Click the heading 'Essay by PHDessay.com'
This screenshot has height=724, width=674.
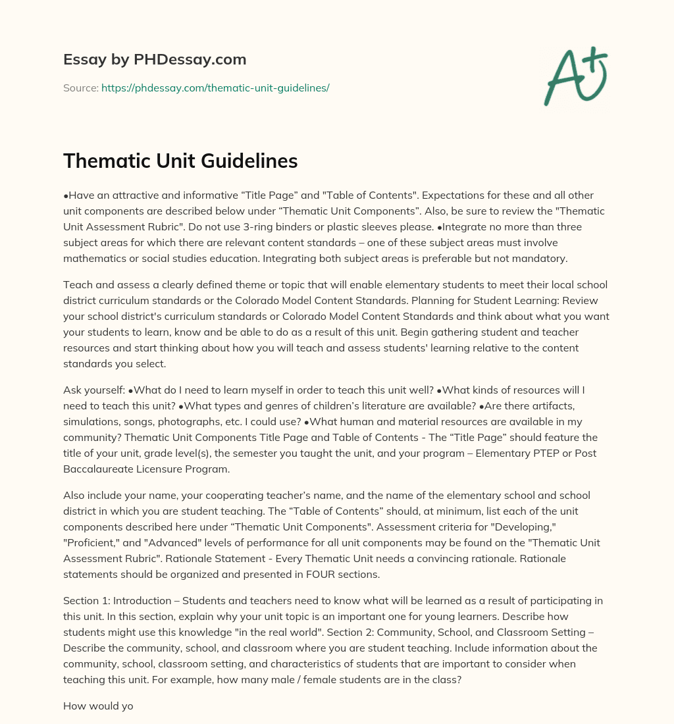(155, 60)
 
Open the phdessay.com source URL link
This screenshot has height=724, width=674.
(215, 88)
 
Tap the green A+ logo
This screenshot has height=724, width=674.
(575, 76)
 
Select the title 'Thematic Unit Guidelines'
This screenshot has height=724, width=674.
(180, 161)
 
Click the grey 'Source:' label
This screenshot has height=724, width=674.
(80, 88)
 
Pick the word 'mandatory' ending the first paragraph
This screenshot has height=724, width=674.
(541, 258)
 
